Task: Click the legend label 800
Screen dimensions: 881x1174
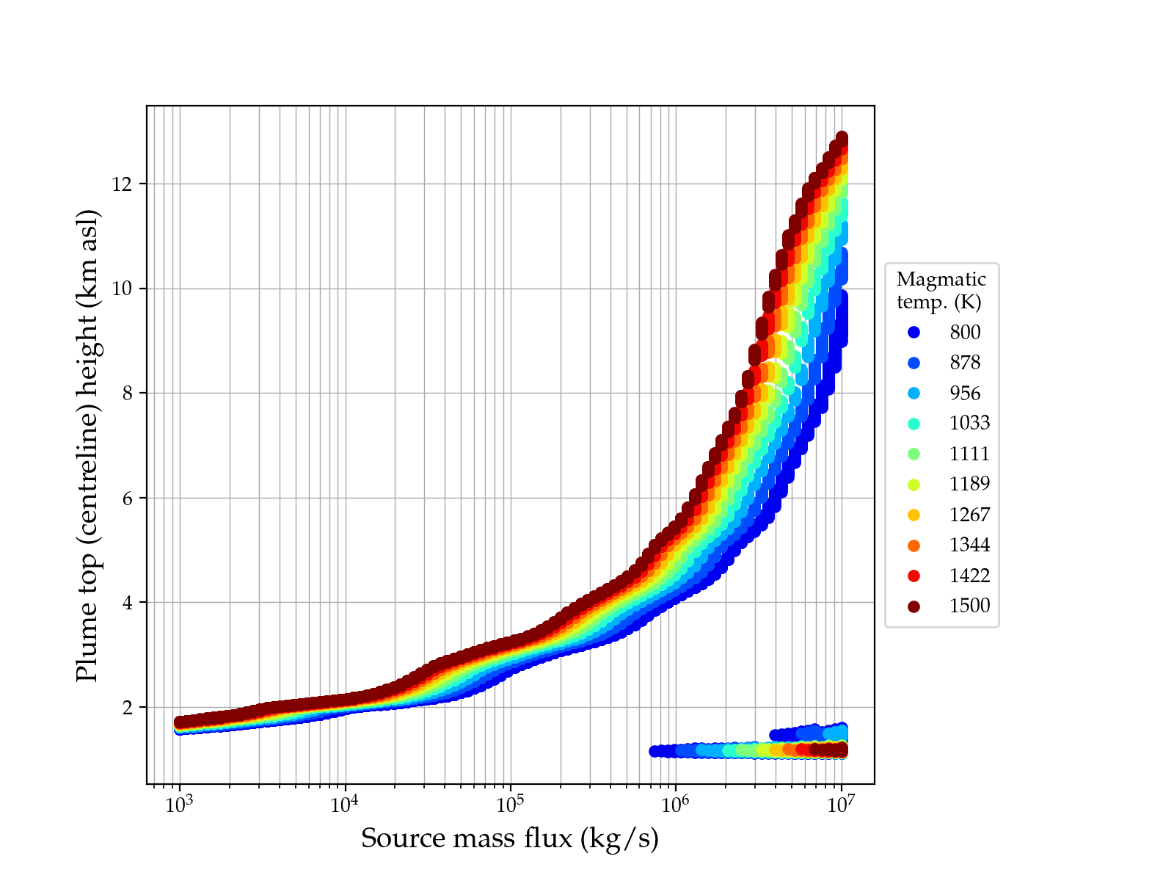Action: [x=965, y=333]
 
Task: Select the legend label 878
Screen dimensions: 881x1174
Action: [x=965, y=363]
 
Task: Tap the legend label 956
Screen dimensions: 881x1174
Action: [x=965, y=394]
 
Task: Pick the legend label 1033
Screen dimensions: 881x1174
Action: [x=969, y=424]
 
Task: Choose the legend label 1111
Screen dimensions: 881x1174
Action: [x=969, y=454]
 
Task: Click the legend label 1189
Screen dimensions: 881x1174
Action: [x=969, y=485]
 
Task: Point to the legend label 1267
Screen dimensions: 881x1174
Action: [x=969, y=515]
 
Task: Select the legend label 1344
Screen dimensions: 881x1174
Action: [x=969, y=545]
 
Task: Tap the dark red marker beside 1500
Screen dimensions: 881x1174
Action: [x=914, y=606]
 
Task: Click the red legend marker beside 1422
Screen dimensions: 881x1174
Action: [x=914, y=576]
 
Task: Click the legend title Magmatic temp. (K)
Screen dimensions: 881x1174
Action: [x=941, y=290]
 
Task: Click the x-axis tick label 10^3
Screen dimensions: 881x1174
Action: [x=179, y=805]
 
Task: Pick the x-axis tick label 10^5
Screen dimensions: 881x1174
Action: [x=510, y=805]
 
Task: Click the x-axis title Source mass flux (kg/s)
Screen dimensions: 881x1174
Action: [x=510, y=838]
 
